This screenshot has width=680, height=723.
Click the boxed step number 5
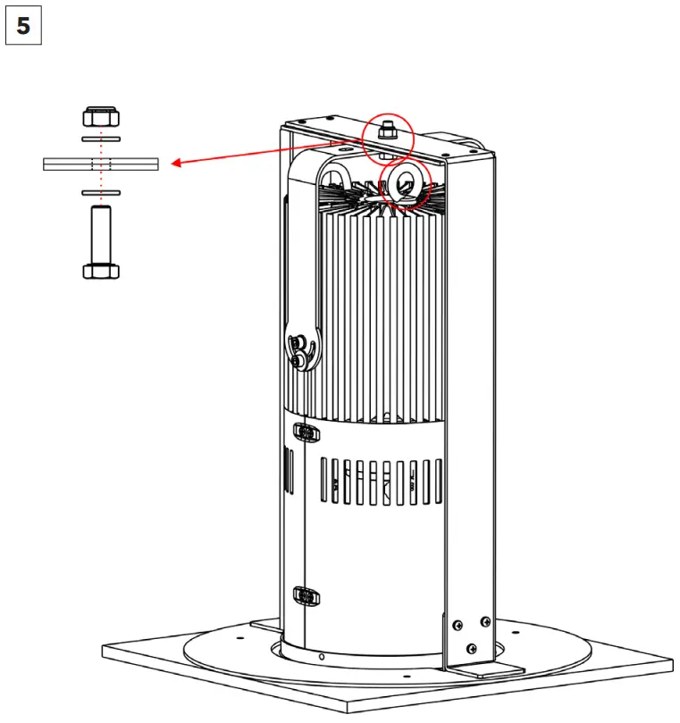[x=23, y=26]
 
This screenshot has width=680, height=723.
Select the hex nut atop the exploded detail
[x=101, y=117]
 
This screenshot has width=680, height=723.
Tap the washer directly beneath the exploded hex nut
[x=101, y=139]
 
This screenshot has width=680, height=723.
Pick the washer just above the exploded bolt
[x=101, y=192]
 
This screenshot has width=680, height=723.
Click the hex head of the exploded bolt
[x=101, y=270]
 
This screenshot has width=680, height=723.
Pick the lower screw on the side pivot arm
[x=297, y=361]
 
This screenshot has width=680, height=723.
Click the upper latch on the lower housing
[x=306, y=433]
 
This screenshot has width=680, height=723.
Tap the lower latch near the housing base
[x=305, y=595]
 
